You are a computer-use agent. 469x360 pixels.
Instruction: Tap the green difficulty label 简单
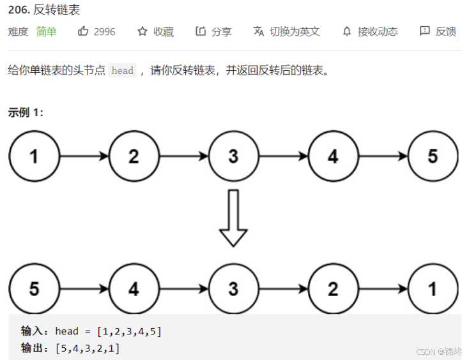(46, 31)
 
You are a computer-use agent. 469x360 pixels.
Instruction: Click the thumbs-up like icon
(83, 31)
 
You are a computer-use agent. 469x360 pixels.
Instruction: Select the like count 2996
(104, 31)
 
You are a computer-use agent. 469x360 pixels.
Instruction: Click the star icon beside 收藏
(142, 31)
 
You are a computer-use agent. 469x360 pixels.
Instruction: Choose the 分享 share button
(214, 31)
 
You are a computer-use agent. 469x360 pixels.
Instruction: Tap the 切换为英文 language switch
(287, 31)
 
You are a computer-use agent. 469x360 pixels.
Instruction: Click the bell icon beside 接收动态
(347, 31)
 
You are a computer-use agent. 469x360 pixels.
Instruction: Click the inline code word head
(122, 71)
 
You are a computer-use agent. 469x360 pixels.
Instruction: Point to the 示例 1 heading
(26, 113)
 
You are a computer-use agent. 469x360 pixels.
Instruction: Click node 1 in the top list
(34, 156)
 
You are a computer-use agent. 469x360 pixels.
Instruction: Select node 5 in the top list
(433, 156)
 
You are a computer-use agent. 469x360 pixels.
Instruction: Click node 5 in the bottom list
(34, 289)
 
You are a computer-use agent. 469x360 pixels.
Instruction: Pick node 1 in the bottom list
(433, 289)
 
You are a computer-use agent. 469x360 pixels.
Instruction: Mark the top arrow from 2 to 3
(183, 156)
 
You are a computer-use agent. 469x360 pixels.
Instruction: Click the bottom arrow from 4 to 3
(183, 289)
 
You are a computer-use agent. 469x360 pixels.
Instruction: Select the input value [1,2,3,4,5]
(130, 331)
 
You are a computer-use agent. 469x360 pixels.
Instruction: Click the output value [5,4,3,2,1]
(88, 349)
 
